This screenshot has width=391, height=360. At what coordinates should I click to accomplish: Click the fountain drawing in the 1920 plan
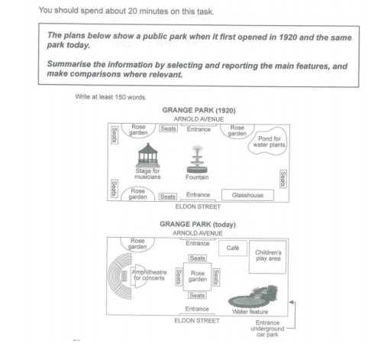point(197,159)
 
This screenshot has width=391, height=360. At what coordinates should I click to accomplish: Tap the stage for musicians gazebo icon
point(148,155)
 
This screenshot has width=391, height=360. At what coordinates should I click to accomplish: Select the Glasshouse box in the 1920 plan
point(247,195)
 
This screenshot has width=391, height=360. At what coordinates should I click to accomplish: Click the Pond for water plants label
point(270,141)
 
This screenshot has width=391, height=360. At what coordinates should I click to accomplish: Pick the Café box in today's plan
point(233,248)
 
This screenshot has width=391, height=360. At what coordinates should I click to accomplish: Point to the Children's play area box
point(268,257)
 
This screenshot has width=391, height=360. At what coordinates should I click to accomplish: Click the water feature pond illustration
point(253,297)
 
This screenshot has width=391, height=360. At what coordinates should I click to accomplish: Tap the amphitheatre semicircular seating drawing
point(120,276)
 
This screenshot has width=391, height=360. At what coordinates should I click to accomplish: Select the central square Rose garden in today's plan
point(197,277)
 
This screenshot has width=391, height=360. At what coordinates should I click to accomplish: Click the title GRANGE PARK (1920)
point(199,110)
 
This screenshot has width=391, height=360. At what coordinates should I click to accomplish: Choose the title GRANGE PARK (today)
point(198,224)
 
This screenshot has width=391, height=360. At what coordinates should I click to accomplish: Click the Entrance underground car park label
point(267,329)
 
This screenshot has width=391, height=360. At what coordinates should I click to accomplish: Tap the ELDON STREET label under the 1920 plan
point(198,206)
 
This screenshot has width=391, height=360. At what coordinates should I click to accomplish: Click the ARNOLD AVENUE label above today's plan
point(198,233)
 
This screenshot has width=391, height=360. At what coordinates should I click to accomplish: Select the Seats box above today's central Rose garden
point(198,258)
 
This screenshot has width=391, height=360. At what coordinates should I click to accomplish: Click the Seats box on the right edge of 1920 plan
point(283,179)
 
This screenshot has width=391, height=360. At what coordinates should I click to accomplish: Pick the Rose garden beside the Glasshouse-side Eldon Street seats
point(137,194)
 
